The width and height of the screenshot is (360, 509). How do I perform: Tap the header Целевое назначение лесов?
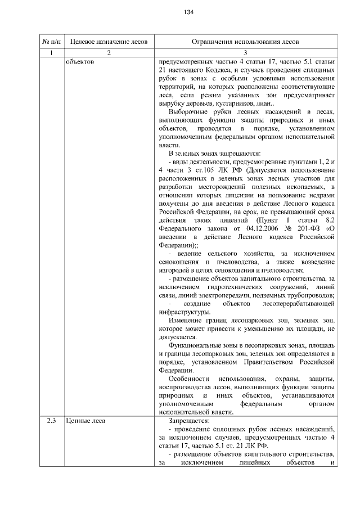tap(109, 42)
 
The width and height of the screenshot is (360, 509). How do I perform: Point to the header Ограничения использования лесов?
tap(245, 42)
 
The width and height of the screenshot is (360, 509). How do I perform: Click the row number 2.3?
tap(51, 420)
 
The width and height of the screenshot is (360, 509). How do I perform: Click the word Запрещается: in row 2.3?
tap(189, 420)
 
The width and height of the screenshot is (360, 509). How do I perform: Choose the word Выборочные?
tap(187, 111)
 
